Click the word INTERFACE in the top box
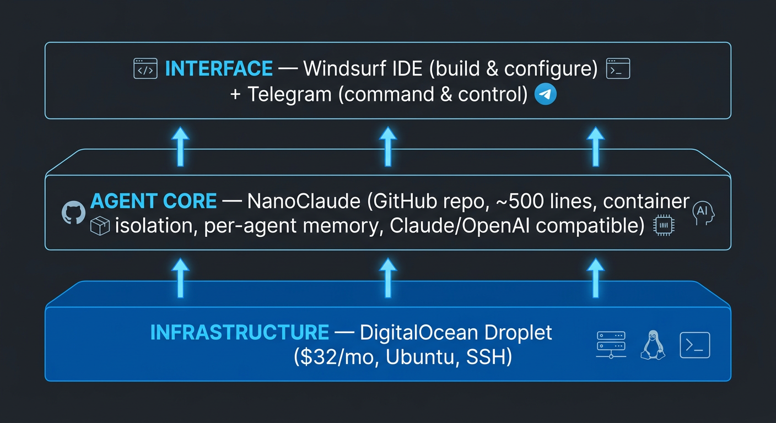coord(219,68)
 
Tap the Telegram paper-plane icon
coord(546,95)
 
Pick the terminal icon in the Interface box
coord(618,69)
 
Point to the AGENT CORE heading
coord(153,202)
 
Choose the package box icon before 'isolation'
coord(100,226)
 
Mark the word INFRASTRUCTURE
coord(240,333)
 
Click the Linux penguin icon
coord(653,345)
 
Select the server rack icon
coord(611,345)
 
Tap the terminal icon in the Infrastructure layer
coord(694,345)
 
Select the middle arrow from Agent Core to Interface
coord(388,147)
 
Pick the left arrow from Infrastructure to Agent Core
coord(180,278)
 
